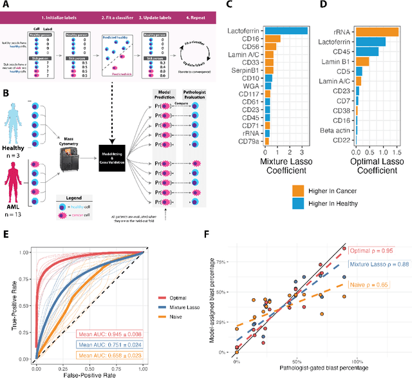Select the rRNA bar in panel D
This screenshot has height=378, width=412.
tap(380, 30)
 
